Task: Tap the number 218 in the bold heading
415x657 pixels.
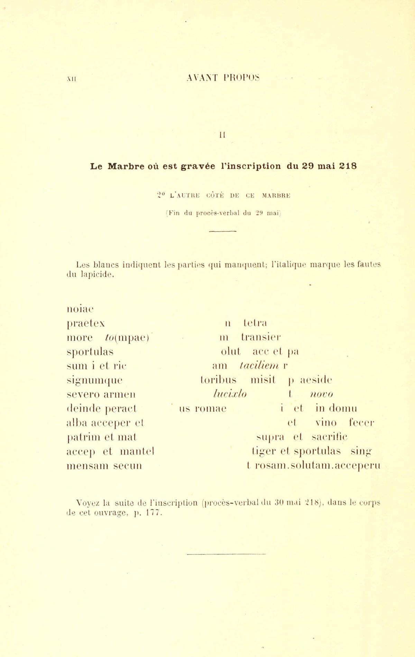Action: (x=348, y=166)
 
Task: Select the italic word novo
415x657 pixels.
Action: (x=322, y=394)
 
